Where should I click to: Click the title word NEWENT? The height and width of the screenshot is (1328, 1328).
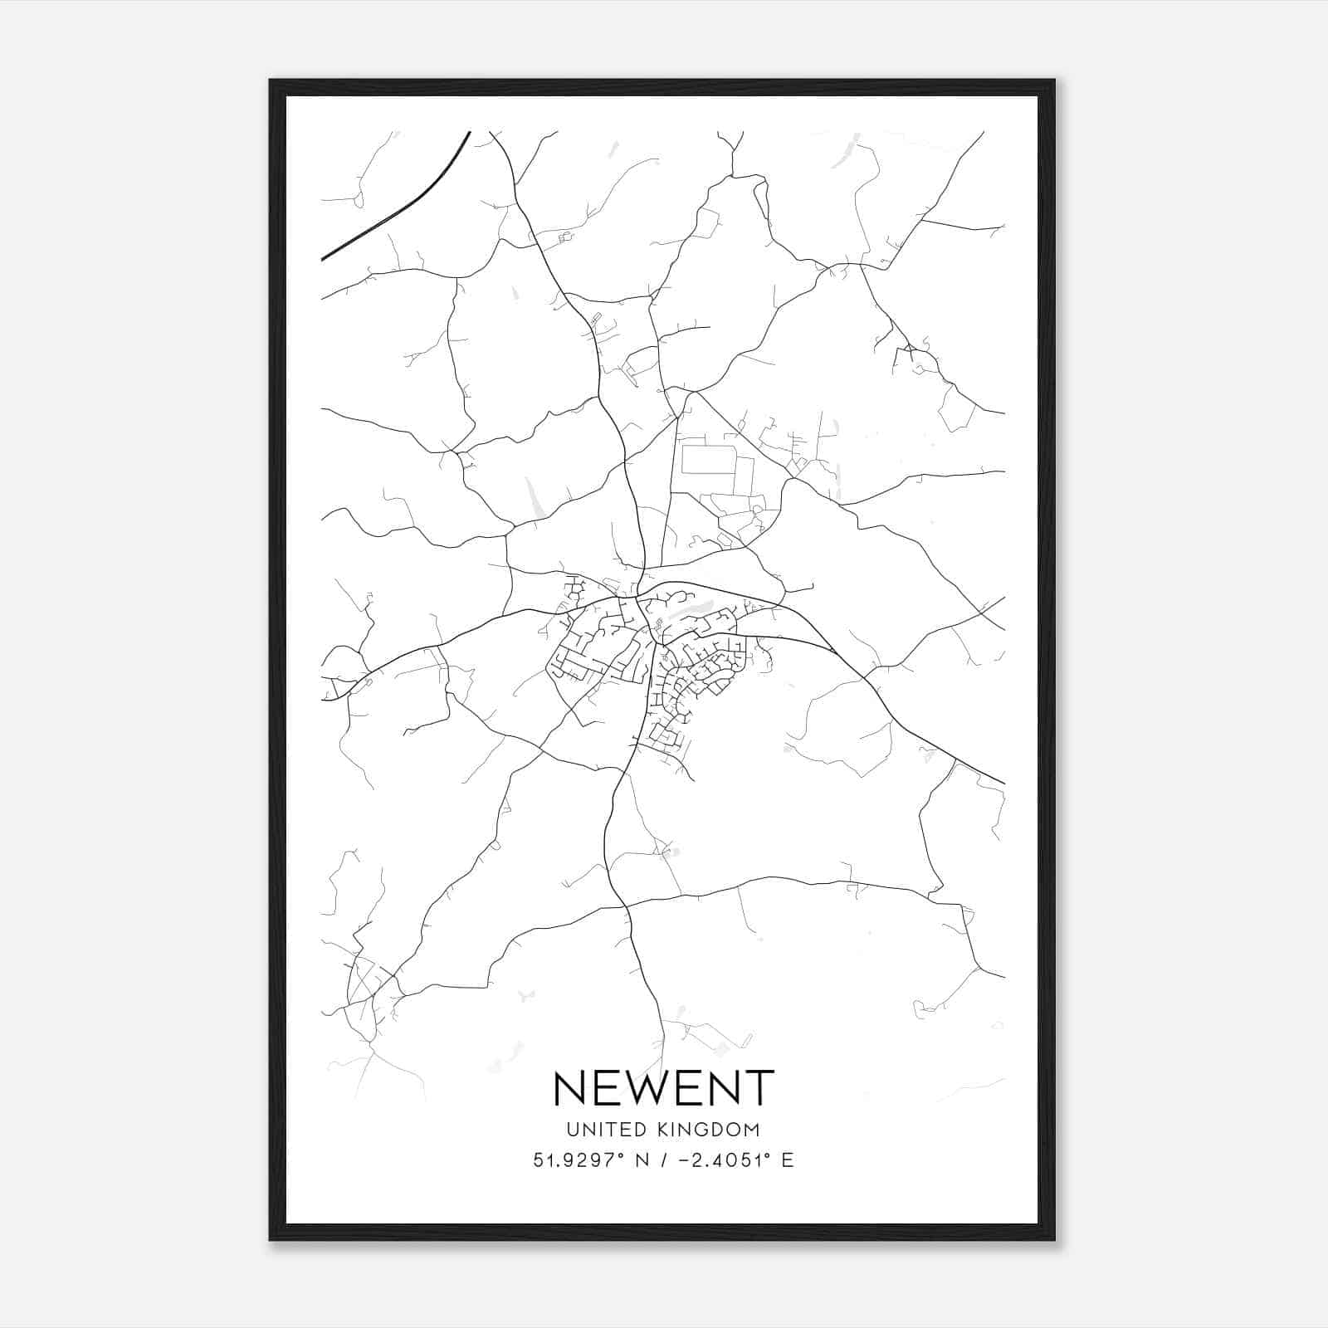pos(663,1088)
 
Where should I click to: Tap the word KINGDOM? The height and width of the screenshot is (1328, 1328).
pos(710,1130)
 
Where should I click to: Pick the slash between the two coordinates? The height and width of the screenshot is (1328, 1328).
pos(662,1160)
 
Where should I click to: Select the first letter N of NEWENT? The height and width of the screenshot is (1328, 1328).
pos(570,1088)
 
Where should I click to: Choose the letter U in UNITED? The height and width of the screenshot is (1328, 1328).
pos(572,1130)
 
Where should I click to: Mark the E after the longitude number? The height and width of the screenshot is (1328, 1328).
pos(788,1160)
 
